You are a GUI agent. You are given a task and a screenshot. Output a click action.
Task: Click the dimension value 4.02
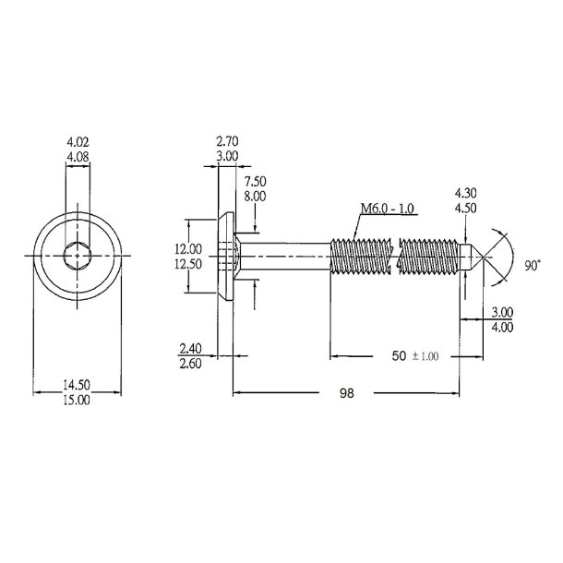pos(78,143)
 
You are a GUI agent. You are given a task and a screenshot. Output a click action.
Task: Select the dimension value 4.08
pos(78,158)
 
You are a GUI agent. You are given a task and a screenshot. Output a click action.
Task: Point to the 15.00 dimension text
pos(78,400)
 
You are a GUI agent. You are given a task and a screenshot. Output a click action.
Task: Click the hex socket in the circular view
pos(78,254)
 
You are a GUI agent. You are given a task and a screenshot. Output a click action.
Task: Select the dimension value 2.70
pos(228,143)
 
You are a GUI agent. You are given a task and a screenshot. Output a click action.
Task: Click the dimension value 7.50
pos(256,181)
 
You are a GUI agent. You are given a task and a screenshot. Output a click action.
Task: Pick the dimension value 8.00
pos(256,196)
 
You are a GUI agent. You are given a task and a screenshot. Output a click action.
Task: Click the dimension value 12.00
pos(189,248)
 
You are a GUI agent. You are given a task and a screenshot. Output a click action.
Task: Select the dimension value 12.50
pos(189,264)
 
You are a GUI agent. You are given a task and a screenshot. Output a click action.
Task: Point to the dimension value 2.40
pos(189,349)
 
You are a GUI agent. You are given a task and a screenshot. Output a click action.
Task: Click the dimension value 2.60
pos(189,364)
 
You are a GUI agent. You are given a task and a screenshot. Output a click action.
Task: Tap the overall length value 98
pos(346,393)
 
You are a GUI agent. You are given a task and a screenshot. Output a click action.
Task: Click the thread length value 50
pos(398,354)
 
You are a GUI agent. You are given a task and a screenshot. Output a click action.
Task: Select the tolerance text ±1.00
pos(427,355)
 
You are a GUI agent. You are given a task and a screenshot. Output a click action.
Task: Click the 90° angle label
pos(533,265)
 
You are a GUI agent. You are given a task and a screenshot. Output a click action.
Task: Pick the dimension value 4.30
pos(466,194)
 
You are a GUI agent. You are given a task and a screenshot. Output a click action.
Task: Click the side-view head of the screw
pos(226,254)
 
